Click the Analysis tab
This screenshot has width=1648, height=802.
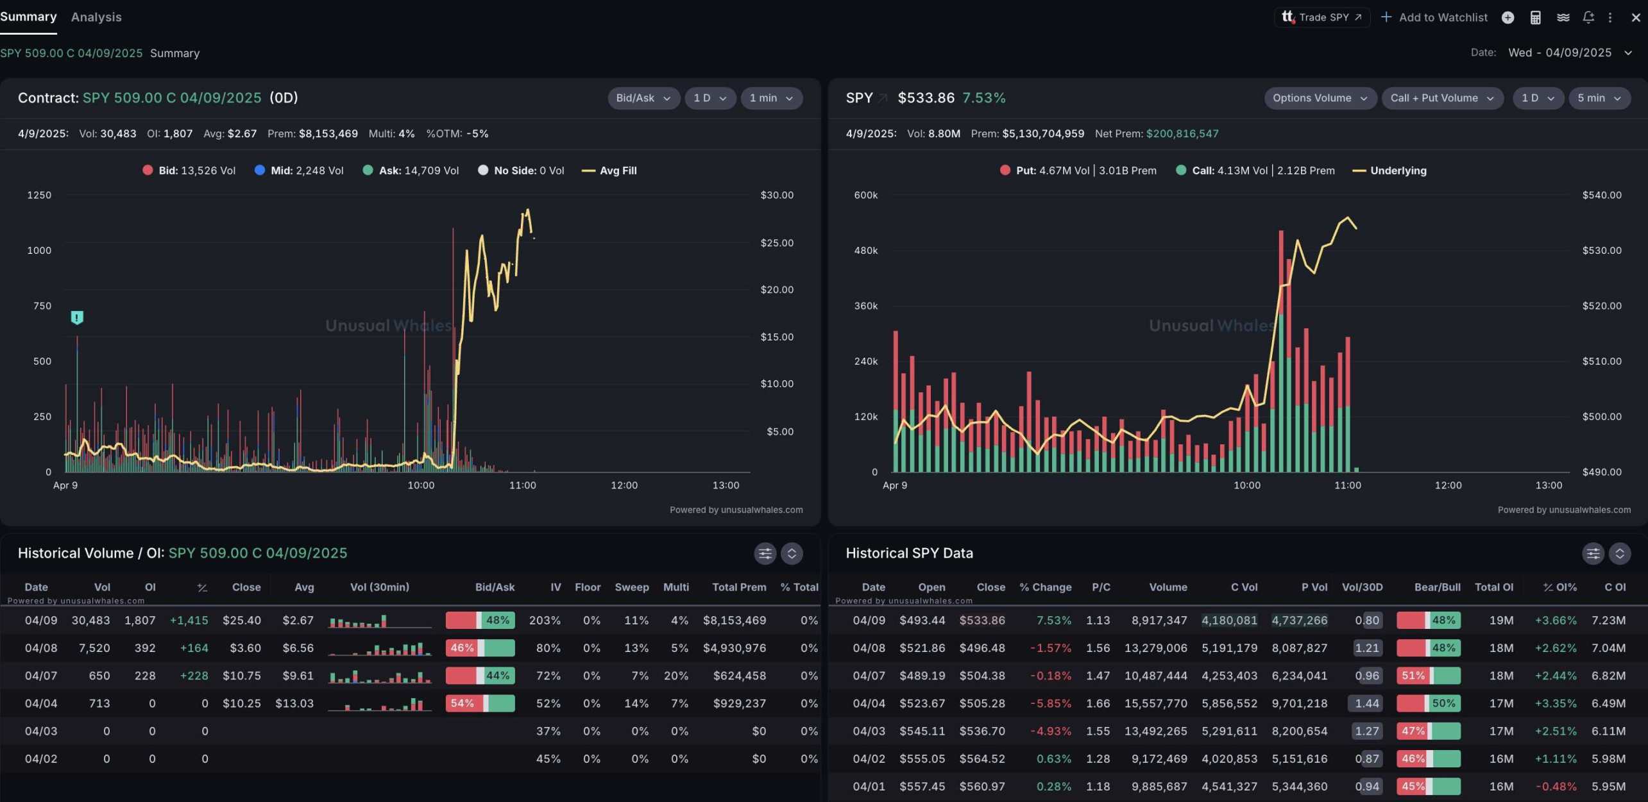pyautogui.click(x=96, y=17)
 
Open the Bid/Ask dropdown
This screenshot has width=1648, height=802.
pyautogui.click(x=643, y=98)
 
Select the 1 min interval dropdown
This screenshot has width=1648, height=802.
pyautogui.click(x=771, y=98)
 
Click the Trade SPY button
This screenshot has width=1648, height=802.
pyautogui.click(x=1322, y=17)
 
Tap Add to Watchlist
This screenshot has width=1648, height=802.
pyautogui.click(x=1434, y=17)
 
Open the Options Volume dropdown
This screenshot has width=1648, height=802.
pyautogui.click(x=1320, y=98)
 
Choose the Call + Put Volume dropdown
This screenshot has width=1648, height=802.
pyautogui.click(x=1442, y=98)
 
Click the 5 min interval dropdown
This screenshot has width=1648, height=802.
pyautogui.click(x=1599, y=98)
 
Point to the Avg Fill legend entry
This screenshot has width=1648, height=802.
pyautogui.click(x=609, y=171)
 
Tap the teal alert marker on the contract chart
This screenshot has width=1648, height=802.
pyautogui.click(x=77, y=317)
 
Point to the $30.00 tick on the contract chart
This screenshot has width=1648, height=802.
pyautogui.click(x=777, y=195)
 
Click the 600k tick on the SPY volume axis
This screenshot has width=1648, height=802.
pyautogui.click(x=865, y=195)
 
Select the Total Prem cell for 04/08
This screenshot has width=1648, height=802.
pyautogui.click(x=735, y=648)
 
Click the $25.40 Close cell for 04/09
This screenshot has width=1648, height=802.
pyautogui.click(x=242, y=621)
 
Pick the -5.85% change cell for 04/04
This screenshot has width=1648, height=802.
pyautogui.click(x=1050, y=703)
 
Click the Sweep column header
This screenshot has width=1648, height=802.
pyautogui.click(x=632, y=587)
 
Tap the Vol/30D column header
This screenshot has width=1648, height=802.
pyautogui.click(x=1362, y=587)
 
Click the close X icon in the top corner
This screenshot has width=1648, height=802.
pyautogui.click(x=1635, y=17)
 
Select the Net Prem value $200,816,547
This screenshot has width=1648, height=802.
pyautogui.click(x=1182, y=133)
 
